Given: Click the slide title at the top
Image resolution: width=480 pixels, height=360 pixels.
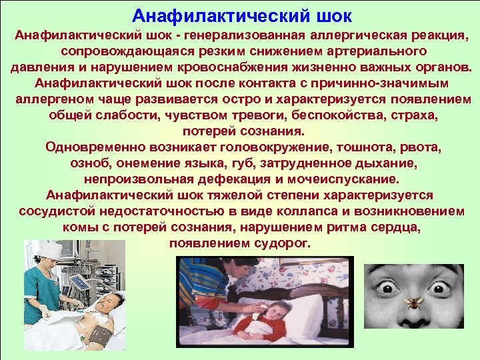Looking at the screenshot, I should pos(241,15).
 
